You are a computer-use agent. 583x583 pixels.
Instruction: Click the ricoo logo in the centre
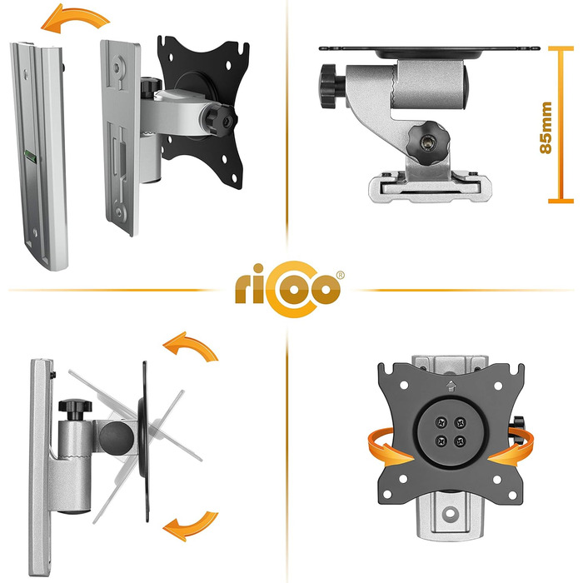[x=288, y=289]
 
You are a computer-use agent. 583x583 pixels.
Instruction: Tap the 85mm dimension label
[x=546, y=127]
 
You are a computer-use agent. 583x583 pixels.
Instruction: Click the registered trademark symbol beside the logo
[x=340, y=276]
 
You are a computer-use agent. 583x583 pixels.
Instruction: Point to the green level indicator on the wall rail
[x=30, y=157]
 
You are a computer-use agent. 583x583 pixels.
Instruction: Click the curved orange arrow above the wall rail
[x=75, y=18]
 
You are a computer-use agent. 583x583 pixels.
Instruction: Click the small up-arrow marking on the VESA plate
[x=451, y=386]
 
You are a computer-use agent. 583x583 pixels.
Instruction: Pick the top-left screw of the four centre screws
[x=441, y=422]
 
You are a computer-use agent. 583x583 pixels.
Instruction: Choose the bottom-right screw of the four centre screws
[x=460, y=441]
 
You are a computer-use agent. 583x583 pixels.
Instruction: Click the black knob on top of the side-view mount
[x=75, y=409]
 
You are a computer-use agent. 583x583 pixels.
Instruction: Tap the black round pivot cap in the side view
[x=117, y=439]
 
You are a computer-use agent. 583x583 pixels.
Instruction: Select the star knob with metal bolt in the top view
[x=427, y=143]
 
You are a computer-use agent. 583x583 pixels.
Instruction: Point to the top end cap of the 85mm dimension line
[x=561, y=48]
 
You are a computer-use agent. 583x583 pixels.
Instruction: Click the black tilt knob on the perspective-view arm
[x=221, y=119]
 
